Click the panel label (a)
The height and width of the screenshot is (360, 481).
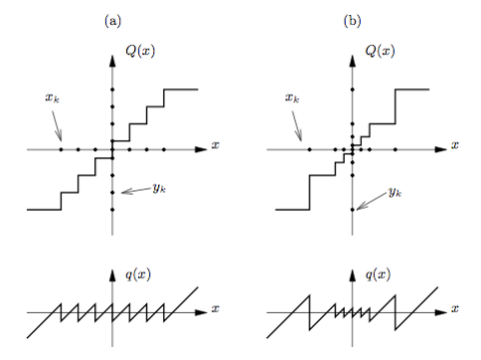coord(112,20)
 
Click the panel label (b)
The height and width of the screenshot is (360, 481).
coord(352,20)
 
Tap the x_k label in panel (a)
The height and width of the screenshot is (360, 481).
coord(50,97)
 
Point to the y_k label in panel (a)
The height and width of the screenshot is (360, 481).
coord(159,187)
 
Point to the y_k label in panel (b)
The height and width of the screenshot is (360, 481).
coord(395,190)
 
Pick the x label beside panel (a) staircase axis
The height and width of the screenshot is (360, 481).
coord(216,145)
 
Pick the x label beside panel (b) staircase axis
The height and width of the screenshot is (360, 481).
coord(455,145)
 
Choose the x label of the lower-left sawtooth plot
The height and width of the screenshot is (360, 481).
coord(216,309)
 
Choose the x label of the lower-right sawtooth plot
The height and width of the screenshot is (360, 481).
coord(455,309)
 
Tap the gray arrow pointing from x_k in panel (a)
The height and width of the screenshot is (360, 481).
coord(57,125)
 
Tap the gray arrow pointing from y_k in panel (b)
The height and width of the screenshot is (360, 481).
coord(369,200)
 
